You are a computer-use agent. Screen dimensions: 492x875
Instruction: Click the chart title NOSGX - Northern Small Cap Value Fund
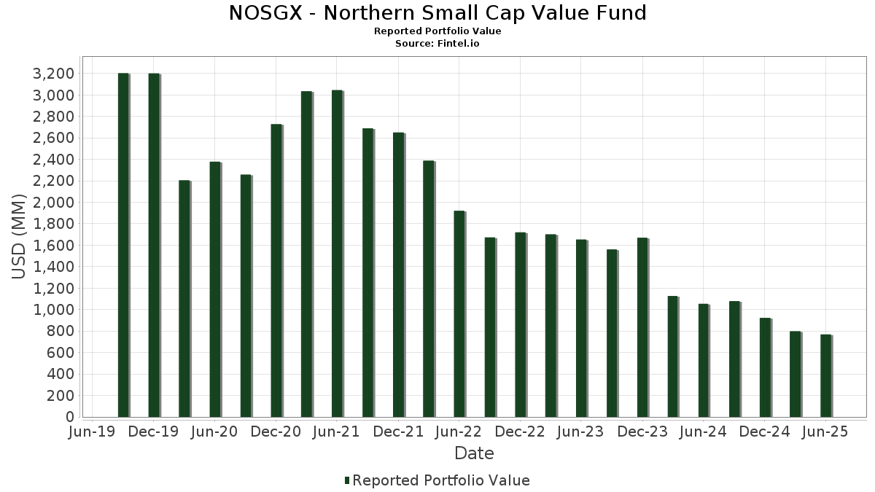click(x=437, y=13)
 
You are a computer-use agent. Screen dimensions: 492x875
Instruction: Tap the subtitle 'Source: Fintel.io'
click(x=437, y=43)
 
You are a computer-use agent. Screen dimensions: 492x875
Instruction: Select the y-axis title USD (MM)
click(x=19, y=237)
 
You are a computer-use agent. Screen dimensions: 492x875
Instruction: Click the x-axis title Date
click(x=474, y=453)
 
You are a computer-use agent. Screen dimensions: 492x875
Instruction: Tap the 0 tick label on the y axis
click(x=70, y=417)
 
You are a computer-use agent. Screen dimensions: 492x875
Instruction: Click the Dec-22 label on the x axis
click(x=521, y=432)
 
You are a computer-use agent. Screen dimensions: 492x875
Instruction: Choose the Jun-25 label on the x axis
click(x=825, y=432)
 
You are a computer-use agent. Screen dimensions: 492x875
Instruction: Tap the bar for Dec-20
click(x=276, y=270)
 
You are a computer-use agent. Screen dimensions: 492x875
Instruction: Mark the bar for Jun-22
click(x=459, y=313)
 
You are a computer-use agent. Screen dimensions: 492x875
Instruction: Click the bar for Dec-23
click(x=642, y=327)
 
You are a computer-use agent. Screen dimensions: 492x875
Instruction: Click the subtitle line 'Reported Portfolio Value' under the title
click(x=437, y=31)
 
